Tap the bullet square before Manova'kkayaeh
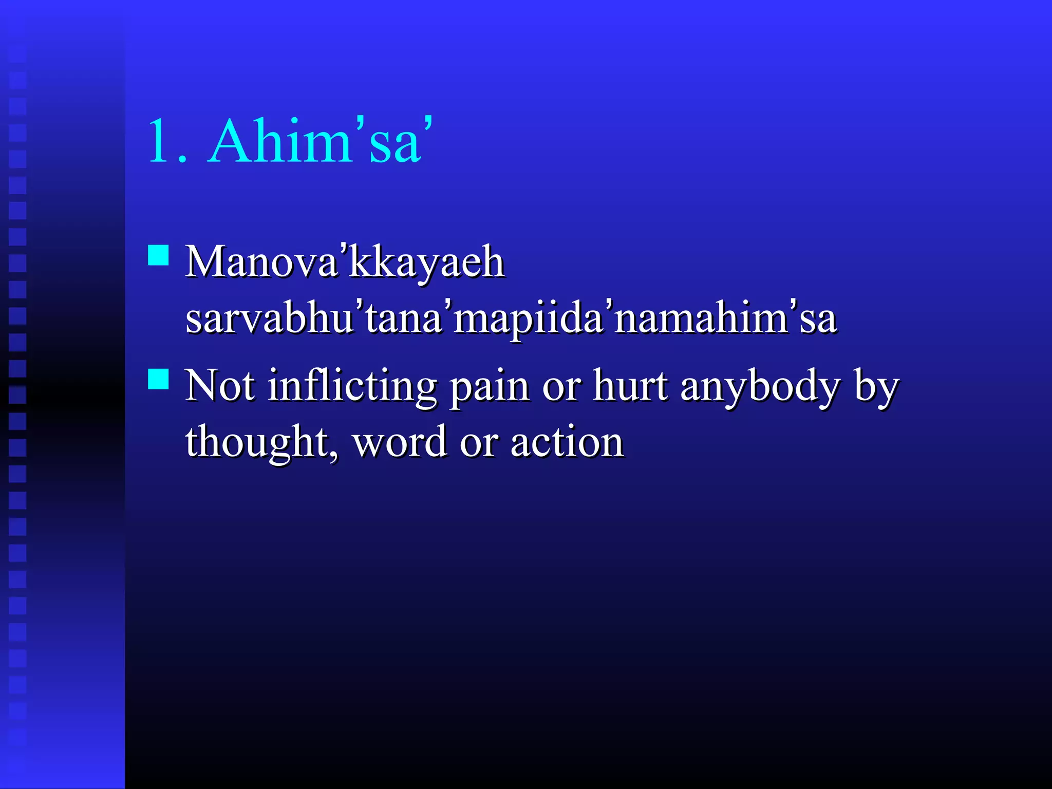point(158,255)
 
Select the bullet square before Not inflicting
point(158,379)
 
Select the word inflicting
point(352,386)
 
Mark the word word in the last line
point(400,442)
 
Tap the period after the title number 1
point(183,160)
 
